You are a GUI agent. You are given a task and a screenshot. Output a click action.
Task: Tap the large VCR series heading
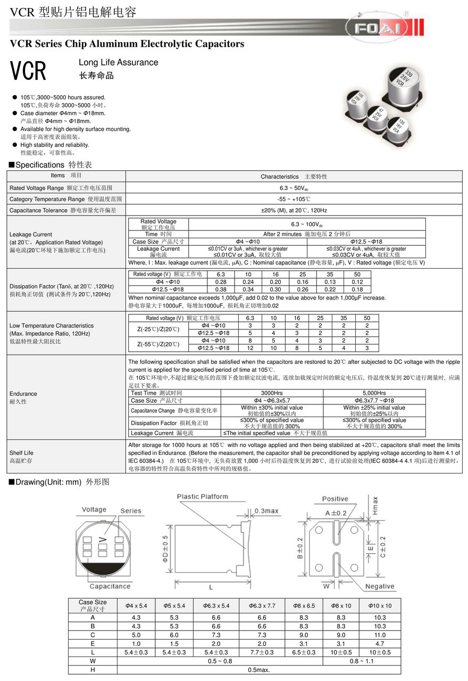(x=29, y=71)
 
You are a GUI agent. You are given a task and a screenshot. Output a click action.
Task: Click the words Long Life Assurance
(x=118, y=62)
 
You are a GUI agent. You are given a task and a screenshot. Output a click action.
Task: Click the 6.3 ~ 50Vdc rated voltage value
(x=294, y=188)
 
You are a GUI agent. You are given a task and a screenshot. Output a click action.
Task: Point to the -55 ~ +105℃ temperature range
(x=294, y=199)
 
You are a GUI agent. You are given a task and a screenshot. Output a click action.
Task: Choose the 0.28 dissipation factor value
(x=221, y=282)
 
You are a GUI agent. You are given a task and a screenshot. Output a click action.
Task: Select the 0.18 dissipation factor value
(x=357, y=289)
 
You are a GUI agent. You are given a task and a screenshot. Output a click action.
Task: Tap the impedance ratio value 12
(x=250, y=348)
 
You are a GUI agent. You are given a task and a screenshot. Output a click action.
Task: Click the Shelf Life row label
(x=21, y=453)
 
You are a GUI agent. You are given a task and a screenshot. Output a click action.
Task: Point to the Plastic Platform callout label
(x=202, y=496)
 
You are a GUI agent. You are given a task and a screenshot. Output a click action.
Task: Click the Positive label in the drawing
(x=335, y=499)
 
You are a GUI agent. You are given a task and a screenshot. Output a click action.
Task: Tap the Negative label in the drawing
(x=380, y=586)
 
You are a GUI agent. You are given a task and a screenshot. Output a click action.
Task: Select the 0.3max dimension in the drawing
(x=266, y=511)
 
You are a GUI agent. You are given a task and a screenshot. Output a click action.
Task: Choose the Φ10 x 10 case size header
(x=380, y=605)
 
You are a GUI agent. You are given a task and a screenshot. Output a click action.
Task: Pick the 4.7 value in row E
(x=380, y=643)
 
